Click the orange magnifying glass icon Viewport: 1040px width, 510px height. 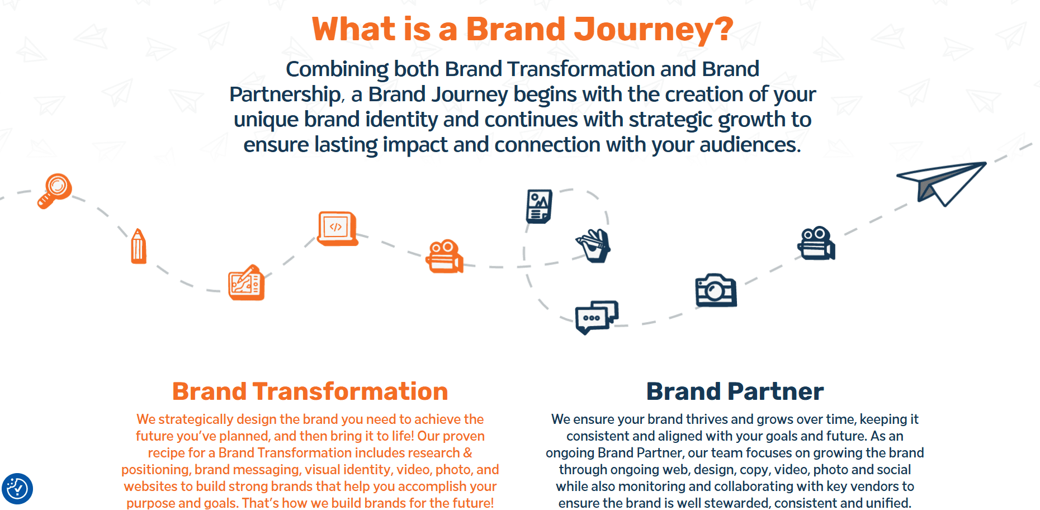coord(55,191)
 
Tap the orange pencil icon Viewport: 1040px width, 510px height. coord(138,246)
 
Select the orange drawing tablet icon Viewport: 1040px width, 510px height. coord(247,282)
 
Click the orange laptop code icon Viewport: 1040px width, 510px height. coord(337,228)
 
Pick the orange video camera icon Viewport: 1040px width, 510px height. coord(445,257)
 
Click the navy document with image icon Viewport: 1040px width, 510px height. coord(540,206)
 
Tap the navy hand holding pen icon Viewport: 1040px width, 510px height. coord(593,245)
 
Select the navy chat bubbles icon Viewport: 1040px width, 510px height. coord(597,317)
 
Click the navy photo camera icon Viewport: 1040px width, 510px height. coord(716,290)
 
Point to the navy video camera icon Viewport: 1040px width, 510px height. coord(816,243)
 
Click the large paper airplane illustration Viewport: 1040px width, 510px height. coord(942,183)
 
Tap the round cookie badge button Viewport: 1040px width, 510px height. coord(17,489)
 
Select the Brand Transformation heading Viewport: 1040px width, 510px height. coord(310,391)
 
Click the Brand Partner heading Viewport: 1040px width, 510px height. coord(735,391)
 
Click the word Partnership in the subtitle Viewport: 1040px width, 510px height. coord(285,95)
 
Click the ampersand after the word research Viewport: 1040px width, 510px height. coord(468,452)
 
